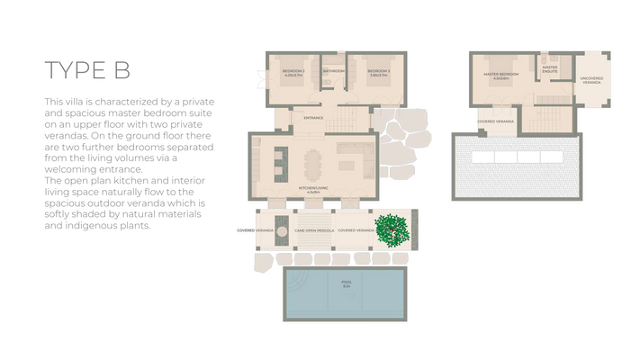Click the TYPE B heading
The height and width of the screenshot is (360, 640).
87,71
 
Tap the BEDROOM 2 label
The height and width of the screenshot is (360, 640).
293,71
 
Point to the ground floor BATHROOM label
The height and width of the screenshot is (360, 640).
335,70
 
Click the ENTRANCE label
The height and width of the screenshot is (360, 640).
313,118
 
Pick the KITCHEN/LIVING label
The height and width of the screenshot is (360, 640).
313,191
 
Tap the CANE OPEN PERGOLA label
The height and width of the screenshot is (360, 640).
313,230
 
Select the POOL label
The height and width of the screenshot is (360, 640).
347,283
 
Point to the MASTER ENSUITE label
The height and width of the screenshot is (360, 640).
549,67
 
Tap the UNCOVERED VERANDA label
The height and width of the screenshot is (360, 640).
591,80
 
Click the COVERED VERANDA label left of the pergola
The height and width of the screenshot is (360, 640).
256,230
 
